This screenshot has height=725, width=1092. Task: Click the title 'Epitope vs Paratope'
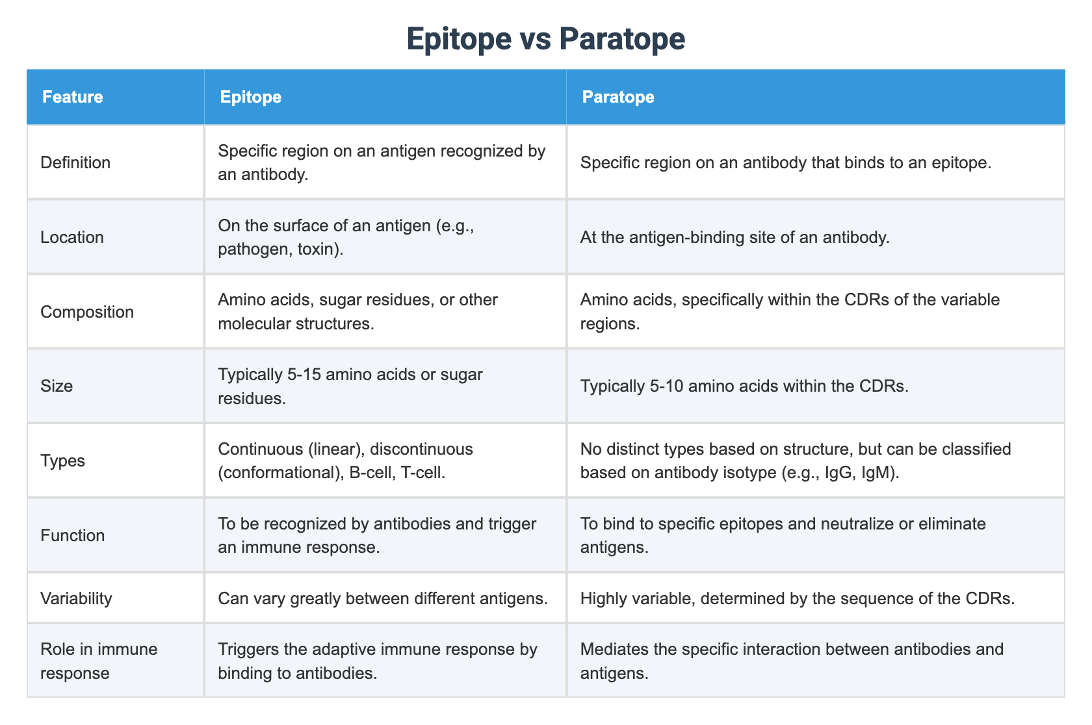[545, 39]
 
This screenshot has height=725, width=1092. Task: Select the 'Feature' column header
[73, 97]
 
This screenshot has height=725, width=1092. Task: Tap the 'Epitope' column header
[250, 97]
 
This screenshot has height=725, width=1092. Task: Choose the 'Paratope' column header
[617, 97]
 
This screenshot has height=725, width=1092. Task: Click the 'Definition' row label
[75, 162]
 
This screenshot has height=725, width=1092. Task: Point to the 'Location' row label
[72, 237]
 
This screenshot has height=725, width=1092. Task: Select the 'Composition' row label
[87, 312]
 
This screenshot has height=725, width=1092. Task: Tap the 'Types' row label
[62, 461]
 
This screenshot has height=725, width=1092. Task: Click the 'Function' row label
[72, 535]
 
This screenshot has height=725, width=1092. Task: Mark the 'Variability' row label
[76, 598]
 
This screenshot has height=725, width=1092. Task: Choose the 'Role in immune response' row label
[99, 661]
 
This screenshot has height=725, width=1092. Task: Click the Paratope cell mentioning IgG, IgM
[795, 461]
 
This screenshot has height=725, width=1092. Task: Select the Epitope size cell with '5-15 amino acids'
[350, 386]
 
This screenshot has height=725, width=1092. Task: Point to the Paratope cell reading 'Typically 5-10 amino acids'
[744, 386]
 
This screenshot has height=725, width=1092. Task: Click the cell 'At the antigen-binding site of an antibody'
[734, 237]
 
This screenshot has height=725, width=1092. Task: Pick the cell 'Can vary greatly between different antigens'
[382, 598]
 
